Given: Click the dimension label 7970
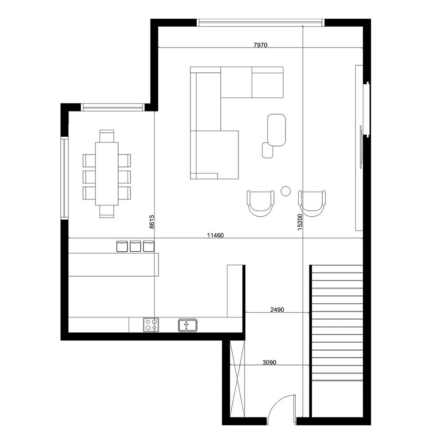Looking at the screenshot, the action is point(260,45).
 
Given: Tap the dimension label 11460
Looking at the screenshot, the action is point(215,235).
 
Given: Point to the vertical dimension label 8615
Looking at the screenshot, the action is point(151,222).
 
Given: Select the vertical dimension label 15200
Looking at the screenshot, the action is point(300,222).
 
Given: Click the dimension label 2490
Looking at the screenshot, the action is point(277,310).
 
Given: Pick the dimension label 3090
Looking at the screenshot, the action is point(270,362).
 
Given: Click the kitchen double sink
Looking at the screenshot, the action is point(187,325).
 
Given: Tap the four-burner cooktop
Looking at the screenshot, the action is point(151,325).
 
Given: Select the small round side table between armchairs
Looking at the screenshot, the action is point(285,191).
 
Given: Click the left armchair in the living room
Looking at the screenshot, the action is point(261,203).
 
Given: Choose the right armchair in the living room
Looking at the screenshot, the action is point(312,203).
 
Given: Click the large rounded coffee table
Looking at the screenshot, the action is point(276,130).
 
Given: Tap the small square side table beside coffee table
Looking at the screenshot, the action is point(267,150).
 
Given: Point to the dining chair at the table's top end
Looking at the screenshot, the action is point(107,136).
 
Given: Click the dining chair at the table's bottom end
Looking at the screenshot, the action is point(107,211).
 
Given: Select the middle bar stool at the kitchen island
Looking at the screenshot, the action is point(135,246).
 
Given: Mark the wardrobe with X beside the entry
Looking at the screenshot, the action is point(237,379).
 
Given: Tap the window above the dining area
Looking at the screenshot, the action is point(113,107).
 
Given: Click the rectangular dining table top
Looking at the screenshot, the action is point(107,174).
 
